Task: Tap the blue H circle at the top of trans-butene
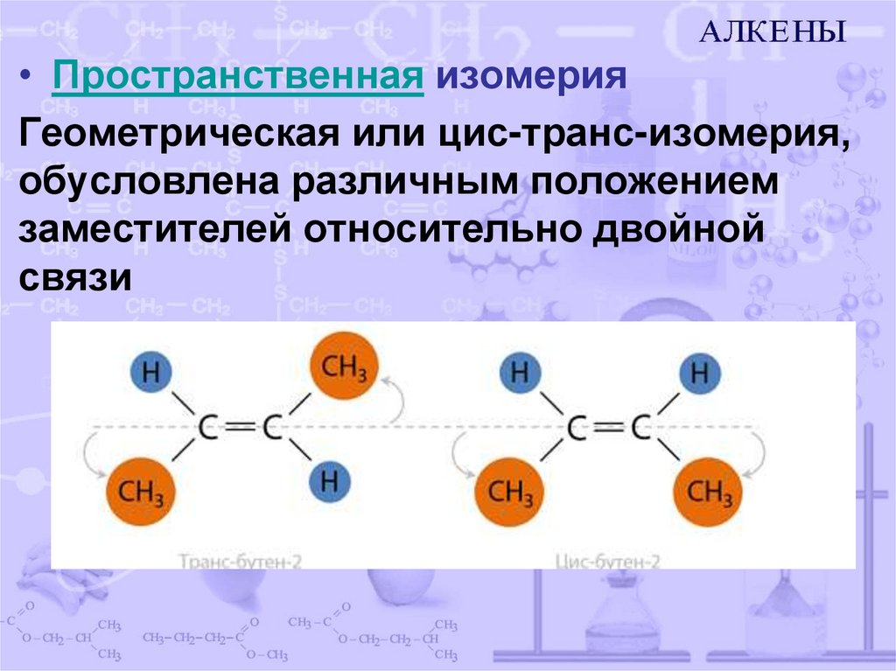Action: coord(150,373)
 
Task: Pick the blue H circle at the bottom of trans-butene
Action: coord(329,480)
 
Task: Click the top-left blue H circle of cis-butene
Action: coord(520,374)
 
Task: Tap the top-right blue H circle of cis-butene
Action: coord(699,374)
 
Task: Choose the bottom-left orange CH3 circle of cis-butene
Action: coord(508,493)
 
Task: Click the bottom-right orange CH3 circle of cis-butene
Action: coord(708,493)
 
